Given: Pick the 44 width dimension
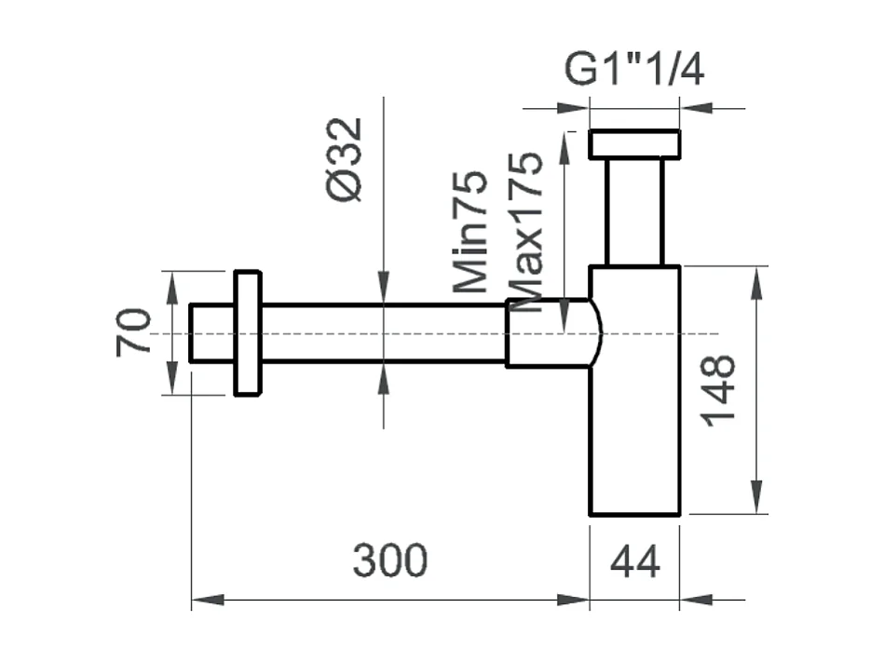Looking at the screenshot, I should (x=634, y=562).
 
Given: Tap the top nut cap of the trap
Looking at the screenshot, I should (x=634, y=144).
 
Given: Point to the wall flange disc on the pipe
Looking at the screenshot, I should (x=247, y=333).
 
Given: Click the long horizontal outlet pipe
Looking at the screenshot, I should (x=382, y=333).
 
